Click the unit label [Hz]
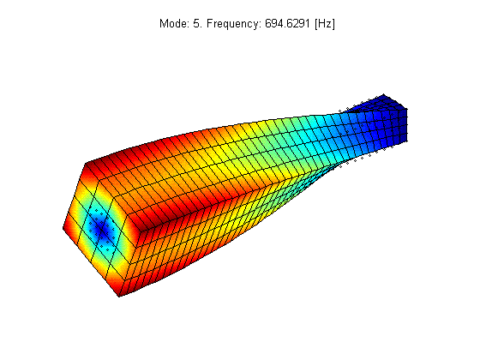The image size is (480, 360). coord(325,24)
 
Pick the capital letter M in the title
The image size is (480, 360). coord(164,24)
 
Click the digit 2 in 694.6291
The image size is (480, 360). coord(296,24)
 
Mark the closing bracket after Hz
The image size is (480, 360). coord(333,24)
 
